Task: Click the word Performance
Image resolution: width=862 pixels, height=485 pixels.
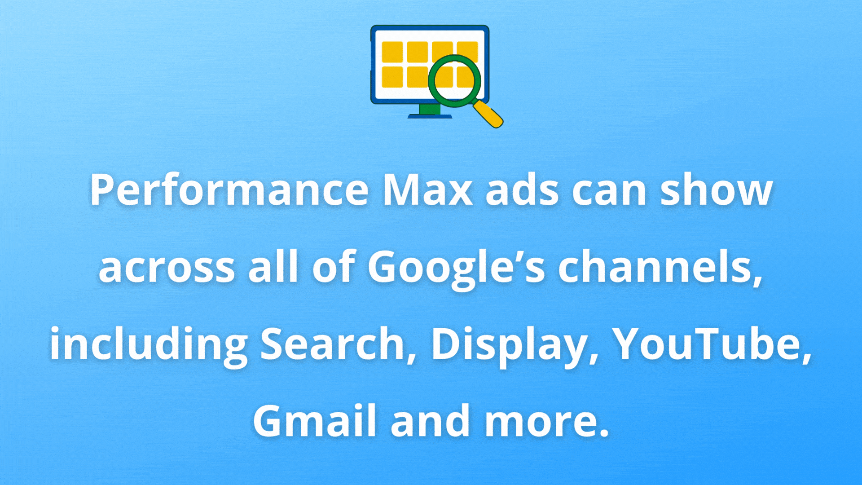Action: [x=229, y=190]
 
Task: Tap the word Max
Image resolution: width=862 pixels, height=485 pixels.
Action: [x=427, y=190]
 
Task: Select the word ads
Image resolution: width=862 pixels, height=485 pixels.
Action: [x=523, y=190]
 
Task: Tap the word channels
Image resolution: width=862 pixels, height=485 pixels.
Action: [x=660, y=268]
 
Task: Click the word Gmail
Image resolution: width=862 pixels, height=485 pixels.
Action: [x=315, y=421]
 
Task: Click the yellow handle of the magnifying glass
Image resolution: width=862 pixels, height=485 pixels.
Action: [x=488, y=114]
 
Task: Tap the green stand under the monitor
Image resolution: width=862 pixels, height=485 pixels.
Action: [x=430, y=109]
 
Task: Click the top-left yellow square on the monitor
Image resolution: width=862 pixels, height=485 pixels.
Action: [x=392, y=52]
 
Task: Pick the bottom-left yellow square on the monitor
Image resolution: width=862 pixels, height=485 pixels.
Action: [x=392, y=77]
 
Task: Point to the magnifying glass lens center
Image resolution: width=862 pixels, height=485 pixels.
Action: [x=454, y=81]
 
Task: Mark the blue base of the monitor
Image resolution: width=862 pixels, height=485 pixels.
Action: [x=430, y=116]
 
